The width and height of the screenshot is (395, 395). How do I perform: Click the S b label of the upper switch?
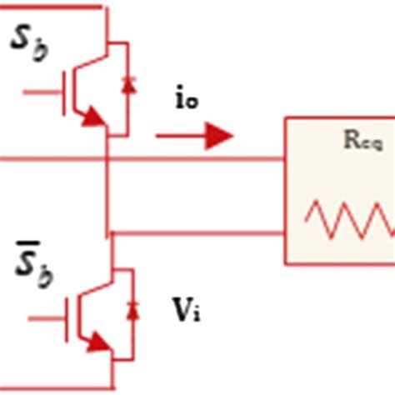[x=30, y=42]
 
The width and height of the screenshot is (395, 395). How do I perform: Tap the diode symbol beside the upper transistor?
[x=128, y=85]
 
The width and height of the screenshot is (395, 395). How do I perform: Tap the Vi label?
[x=187, y=311]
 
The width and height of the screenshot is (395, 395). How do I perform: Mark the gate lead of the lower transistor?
[x=47, y=317]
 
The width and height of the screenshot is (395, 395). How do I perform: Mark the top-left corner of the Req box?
[x=286, y=117]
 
